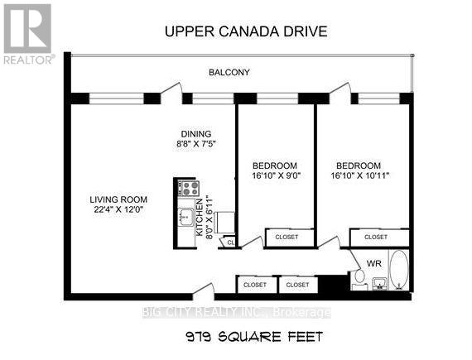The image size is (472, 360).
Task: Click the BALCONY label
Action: coord(229,73)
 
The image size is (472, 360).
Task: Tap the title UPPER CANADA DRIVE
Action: coord(246,31)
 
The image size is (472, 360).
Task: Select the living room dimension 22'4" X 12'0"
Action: coord(118,209)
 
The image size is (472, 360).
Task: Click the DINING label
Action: coord(196,134)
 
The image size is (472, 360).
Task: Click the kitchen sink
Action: coord(185,217)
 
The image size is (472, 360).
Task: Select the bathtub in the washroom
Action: coord(399,270)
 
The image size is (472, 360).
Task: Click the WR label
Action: coord(373,263)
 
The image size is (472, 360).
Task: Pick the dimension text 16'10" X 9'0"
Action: coord(277,175)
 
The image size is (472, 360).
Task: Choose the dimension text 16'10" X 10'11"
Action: coord(360,175)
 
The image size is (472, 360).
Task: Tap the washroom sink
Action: coord(379,284)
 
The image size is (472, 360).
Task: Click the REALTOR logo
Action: coord(28,34)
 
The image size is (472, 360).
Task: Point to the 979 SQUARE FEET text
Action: coord(254,337)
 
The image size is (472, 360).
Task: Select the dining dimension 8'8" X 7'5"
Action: coord(196,144)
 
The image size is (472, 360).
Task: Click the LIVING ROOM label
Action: coord(118,199)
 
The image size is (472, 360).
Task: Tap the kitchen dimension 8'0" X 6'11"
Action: coord(204,217)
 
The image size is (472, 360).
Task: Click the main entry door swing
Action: coord(204,290)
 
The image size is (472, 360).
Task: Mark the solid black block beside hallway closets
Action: coord(333,284)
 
